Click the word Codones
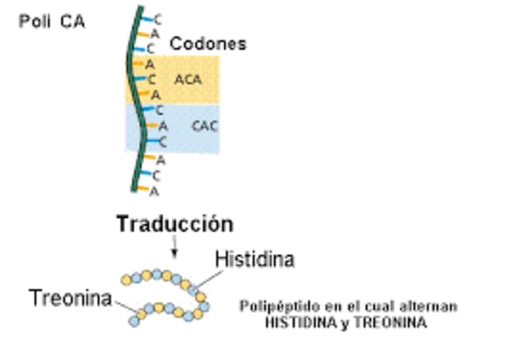point(208,44)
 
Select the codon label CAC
point(204,126)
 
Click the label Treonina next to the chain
point(70,298)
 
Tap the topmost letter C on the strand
point(157,18)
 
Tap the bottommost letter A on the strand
point(155,191)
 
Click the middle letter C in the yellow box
point(151,79)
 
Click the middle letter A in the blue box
point(163,126)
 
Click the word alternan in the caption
point(434,306)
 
